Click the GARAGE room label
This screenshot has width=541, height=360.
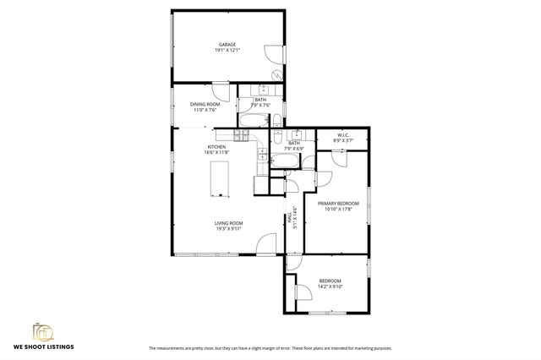click(227, 44)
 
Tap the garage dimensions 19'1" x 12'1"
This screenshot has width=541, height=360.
click(227, 50)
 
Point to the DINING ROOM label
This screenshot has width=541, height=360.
click(205, 104)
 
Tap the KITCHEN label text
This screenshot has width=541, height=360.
click(216, 147)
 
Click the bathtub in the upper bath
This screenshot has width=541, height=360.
click(251, 120)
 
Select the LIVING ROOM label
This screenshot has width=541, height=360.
click(228, 223)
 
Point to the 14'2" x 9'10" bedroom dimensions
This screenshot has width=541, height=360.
click(330, 286)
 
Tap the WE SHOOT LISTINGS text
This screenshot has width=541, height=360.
click(43, 346)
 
